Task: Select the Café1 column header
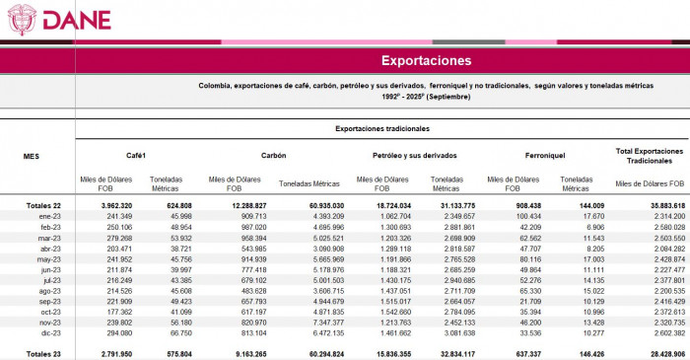(137, 156)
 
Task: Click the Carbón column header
(273, 156)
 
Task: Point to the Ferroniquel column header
(535, 156)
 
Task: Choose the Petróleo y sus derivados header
(405, 156)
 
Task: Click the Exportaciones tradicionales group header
(381, 128)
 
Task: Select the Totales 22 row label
(44, 205)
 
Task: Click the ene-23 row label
(51, 215)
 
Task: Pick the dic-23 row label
(51, 332)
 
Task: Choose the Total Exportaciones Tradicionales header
(650, 156)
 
